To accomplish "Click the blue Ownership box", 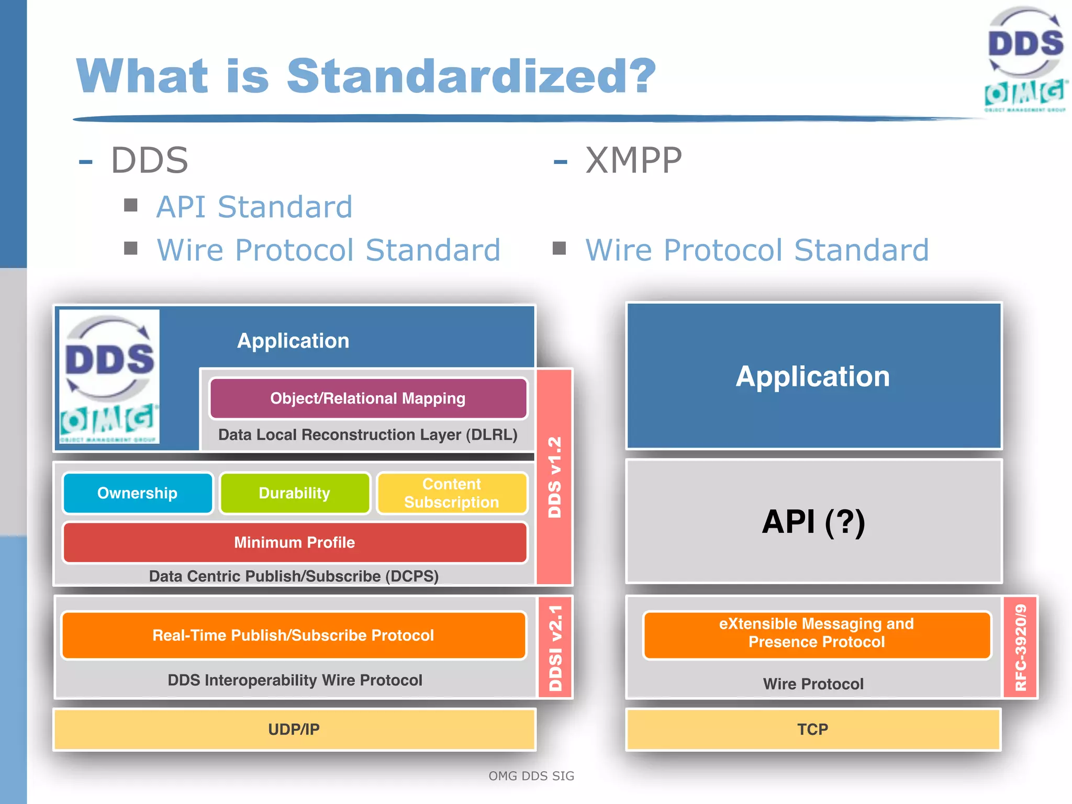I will click(138, 493).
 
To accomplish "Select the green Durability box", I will click(295, 493).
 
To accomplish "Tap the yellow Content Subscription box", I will click(452, 493).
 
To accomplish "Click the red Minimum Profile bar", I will click(295, 542).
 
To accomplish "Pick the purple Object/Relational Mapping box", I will click(368, 398).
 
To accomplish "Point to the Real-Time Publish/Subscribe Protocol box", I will click(293, 635).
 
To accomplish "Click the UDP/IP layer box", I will click(294, 729).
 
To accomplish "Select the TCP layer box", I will click(813, 729).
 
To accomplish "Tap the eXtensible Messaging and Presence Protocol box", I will click(817, 633).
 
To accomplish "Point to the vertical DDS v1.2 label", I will click(554, 477).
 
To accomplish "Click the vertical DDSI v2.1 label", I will click(555, 647).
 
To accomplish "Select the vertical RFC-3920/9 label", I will click(1021, 647).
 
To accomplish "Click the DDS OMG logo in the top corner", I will click(1025, 59).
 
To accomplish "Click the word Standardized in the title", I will click(471, 76).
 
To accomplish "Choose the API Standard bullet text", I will click(254, 207).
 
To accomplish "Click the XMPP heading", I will click(633, 160).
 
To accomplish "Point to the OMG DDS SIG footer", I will click(531, 776).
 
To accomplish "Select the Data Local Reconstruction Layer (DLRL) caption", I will click(367, 434).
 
